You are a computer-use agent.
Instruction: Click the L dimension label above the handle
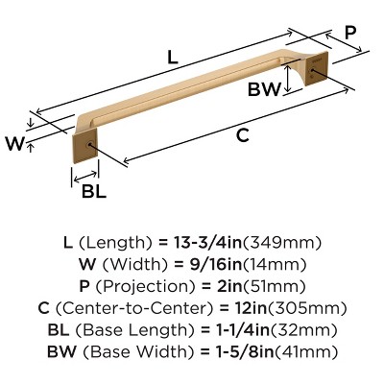point(172,58)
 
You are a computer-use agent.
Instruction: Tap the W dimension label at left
point(14,144)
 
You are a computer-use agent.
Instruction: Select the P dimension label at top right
point(350,32)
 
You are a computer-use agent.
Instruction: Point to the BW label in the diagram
point(264,91)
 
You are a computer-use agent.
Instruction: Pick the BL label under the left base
point(93,190)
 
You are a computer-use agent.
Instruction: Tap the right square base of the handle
point(313,73)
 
